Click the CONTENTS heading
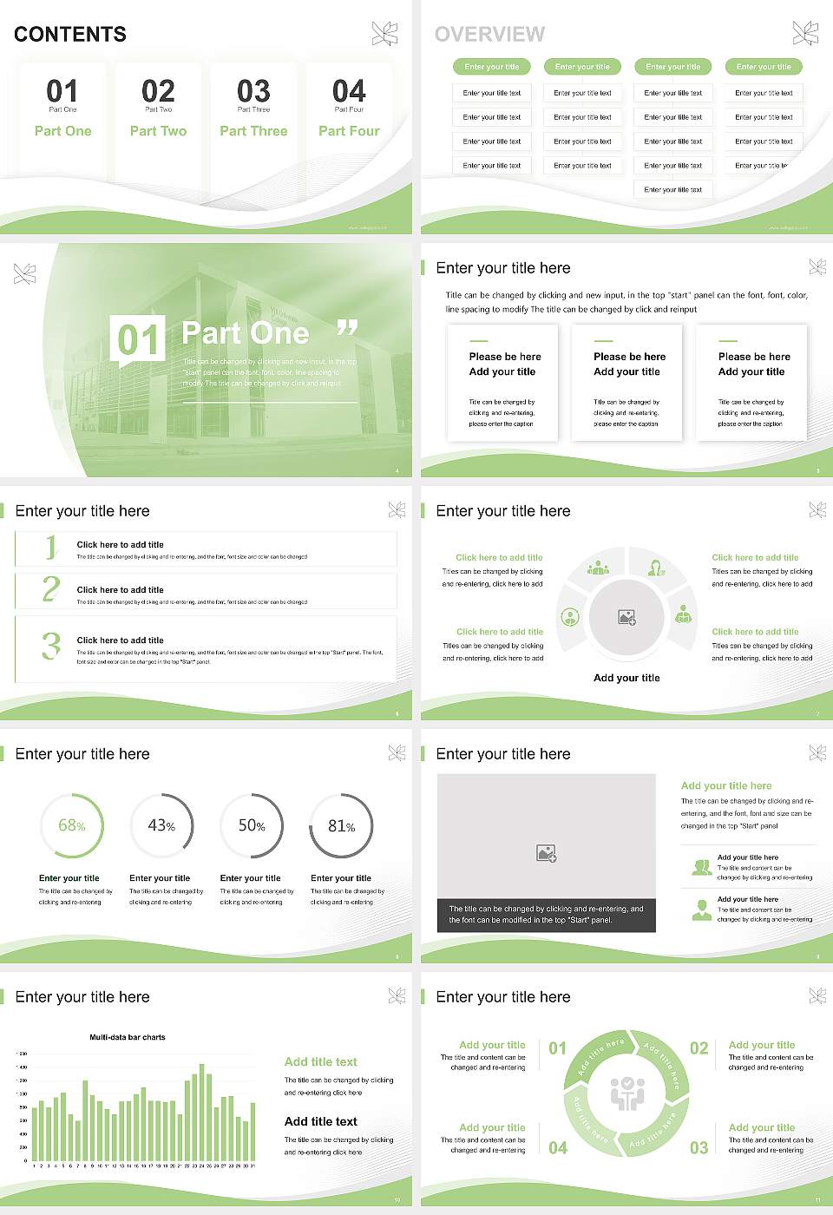70,35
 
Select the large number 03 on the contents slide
253,91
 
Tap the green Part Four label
349,131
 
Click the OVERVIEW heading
489,35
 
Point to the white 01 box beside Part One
137,338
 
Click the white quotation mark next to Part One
347,328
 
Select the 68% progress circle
72,825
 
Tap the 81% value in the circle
341,826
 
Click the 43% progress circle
161,825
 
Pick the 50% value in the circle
252,826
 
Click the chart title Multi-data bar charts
128,1037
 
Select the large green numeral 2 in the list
51,589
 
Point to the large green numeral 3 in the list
51,646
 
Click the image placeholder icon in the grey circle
626,618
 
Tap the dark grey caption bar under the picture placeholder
546,915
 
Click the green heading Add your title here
726,785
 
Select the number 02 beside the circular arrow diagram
699,1048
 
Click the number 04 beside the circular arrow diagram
558,1148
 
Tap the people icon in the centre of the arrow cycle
626,1094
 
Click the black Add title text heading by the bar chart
321,1121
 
